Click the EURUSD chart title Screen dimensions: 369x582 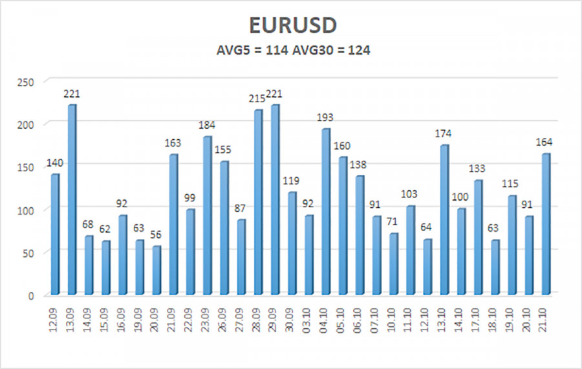tap(292, 25)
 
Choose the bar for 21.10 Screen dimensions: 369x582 tap(546, 224)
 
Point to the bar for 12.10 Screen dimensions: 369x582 tap(428, 267)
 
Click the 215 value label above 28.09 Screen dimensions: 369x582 tap(258, 99)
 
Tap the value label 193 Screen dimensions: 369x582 tap(327, 117)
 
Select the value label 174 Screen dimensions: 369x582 tap(445, 133)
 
